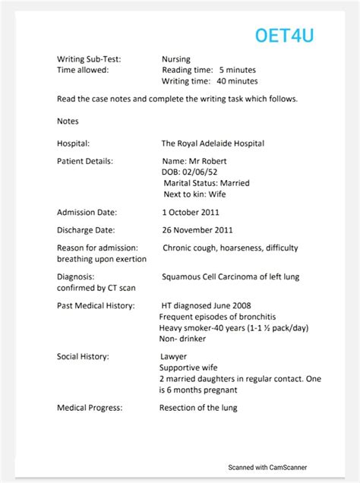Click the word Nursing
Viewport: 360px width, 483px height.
(x=176, y=58)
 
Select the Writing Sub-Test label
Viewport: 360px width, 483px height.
(x=89, y=58)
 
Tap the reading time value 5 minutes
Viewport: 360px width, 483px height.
(x=238, y=70)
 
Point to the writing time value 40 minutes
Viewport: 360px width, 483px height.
(x=238, y=81)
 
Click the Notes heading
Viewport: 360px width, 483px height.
(x=68, y=121)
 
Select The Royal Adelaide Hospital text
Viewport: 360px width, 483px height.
(x=213, y=143)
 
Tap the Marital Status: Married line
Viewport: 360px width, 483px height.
(x=207, y=183)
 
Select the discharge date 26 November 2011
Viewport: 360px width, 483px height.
(x=197, y=229)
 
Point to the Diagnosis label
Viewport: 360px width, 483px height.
(x=76, y=277)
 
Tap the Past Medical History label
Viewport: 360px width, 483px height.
(x=96, y=305)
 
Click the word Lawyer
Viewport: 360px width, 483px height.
(x=174, y=356)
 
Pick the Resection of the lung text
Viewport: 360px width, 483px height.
(x=198, y=408)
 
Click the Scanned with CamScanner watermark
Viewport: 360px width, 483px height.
(x=268, y=468)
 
